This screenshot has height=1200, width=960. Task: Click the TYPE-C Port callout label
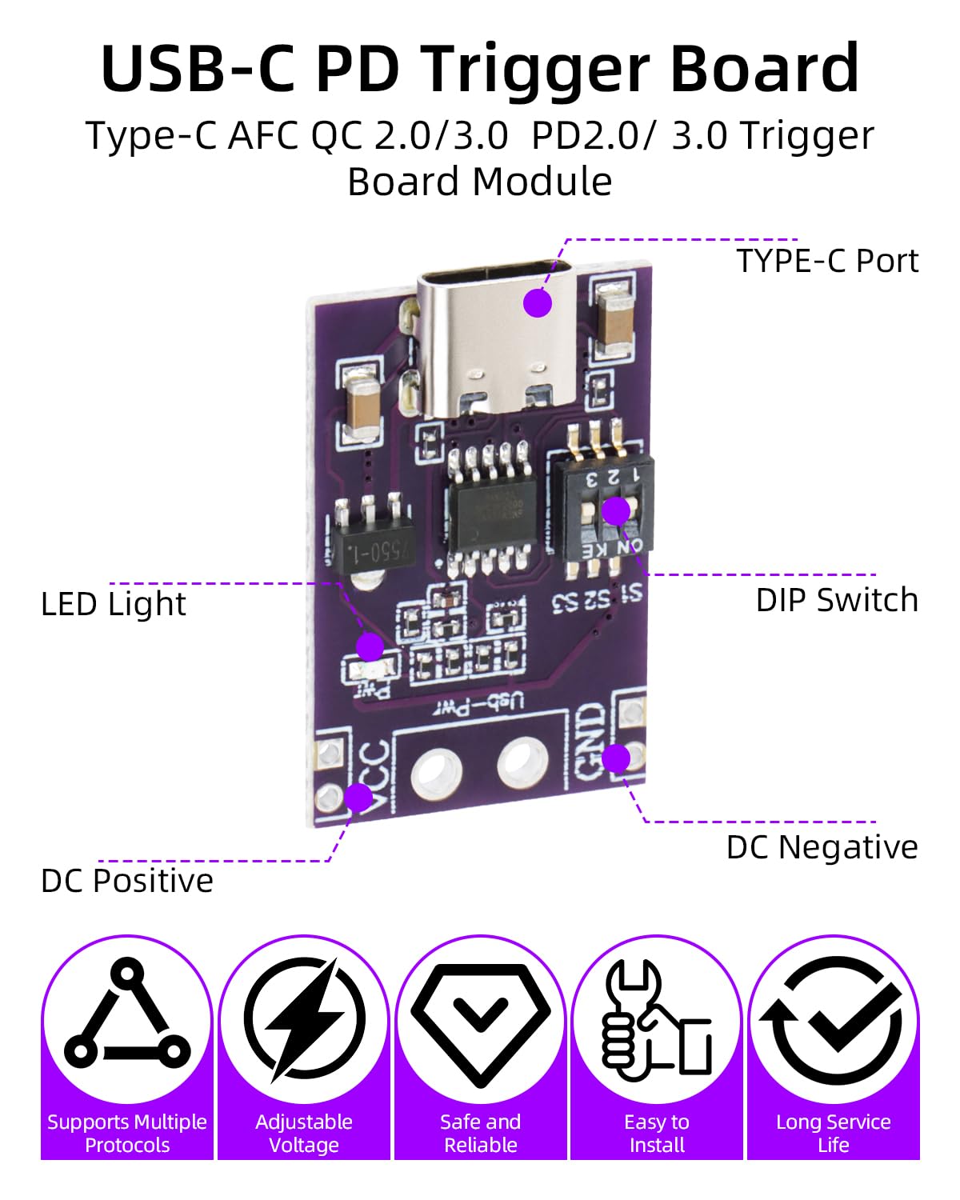tap(826, 261)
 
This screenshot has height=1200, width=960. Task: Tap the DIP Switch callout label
tap(836, 600)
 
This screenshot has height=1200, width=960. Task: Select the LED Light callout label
tap(113, 604)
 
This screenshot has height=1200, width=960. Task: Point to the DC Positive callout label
tap(127, 881)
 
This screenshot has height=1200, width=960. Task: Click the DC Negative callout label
tap(822, 847)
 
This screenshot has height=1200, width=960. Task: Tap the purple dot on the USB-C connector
tap(538, 303)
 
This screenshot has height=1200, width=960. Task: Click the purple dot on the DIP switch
tap(616, 510)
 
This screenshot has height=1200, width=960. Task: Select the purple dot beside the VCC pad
tap(359, 797)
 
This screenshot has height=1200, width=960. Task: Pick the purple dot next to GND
tap(616, 757)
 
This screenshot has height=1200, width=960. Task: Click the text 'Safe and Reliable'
tap(480, 1133)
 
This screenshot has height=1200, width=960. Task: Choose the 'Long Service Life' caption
tap(833, 1133)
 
